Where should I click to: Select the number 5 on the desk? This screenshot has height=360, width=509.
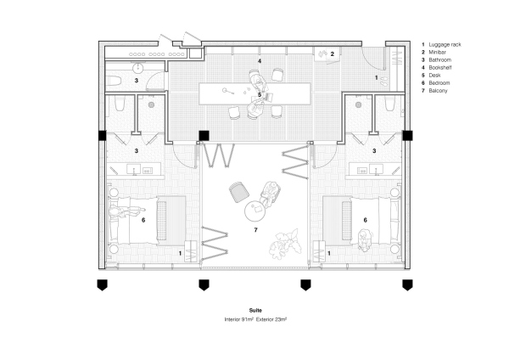click(260, 95)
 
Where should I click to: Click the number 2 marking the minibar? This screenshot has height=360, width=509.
click(332, 54)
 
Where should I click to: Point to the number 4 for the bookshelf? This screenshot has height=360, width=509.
click(260, 62)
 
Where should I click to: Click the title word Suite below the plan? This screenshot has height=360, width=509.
click(256, 312)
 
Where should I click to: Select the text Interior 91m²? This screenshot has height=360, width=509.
click(241, 320)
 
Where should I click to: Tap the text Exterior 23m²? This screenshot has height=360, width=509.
click(275, 320)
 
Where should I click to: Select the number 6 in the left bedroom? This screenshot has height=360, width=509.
click(144, 220)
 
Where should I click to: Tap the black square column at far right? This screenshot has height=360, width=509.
click(408, 135)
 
